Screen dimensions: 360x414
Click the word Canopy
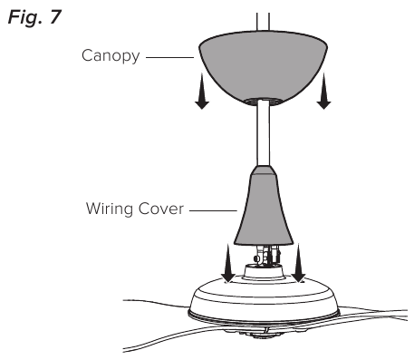(x=109, y=56)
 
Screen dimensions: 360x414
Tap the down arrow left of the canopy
(x=202, y=96)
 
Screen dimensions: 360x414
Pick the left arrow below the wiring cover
(x=229, y=265)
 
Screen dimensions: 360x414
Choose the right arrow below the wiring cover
(x=299, y=265)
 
